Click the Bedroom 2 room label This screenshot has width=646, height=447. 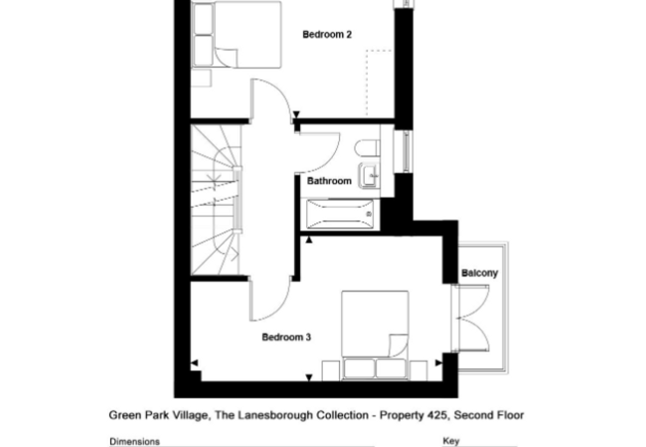327,35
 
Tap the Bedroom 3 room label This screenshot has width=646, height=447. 286,338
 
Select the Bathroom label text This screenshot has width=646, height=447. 329,181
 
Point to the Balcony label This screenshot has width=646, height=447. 480,273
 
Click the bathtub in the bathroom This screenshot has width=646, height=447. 340,214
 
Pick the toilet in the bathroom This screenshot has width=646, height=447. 367,149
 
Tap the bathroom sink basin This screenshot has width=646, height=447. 369,176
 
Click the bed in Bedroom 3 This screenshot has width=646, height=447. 375,335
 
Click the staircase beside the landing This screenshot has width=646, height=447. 216,200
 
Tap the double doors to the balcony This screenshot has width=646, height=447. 471,318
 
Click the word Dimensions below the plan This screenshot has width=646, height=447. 134,442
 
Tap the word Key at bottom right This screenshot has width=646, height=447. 451,441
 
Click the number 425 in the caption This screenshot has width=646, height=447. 437,415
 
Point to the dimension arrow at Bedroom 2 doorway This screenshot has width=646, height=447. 296,114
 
